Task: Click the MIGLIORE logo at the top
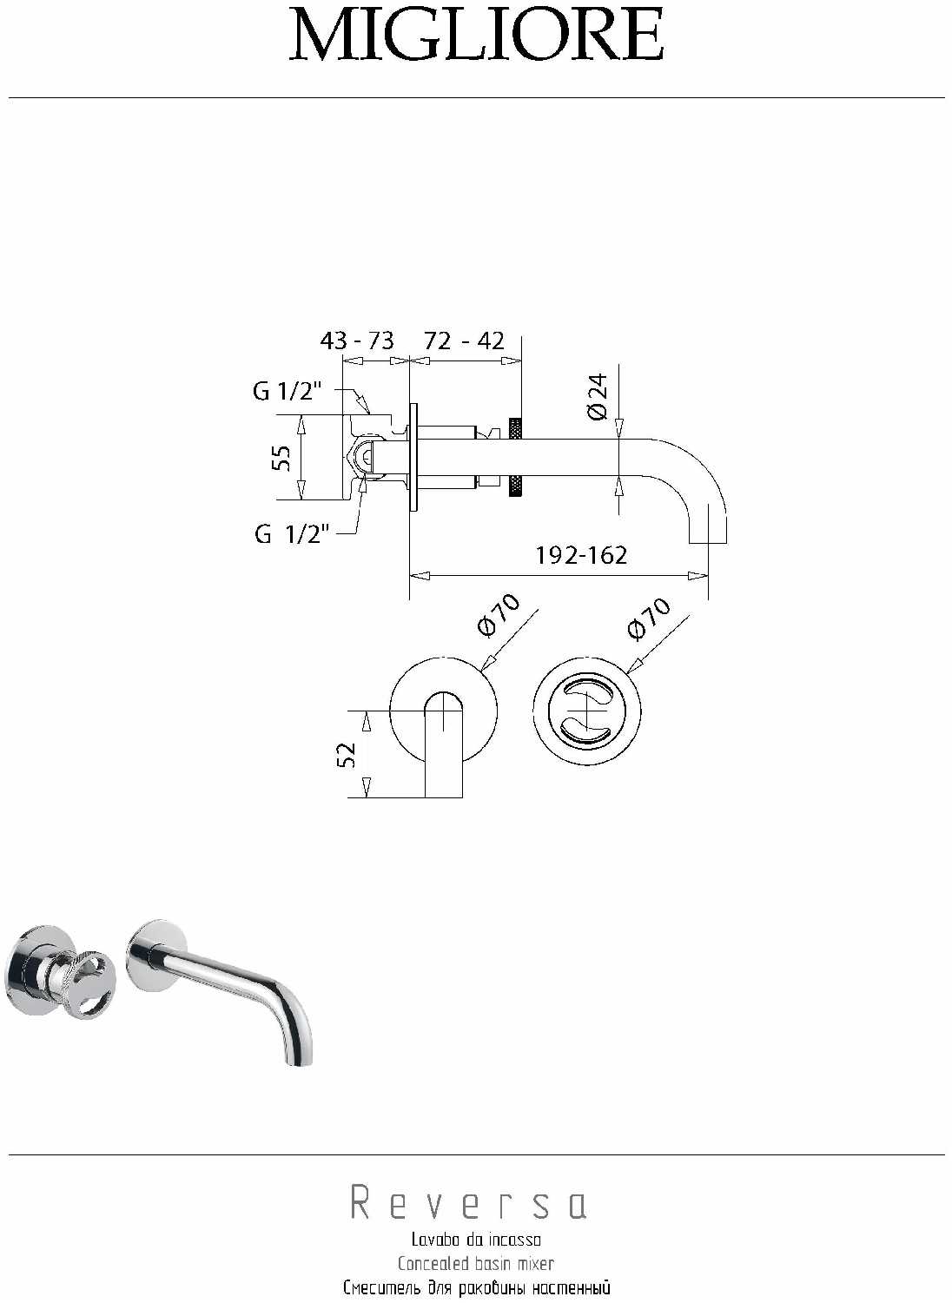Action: [x=476, y=36]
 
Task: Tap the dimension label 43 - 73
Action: [x=357, y=340]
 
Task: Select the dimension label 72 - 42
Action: [x=464, y=340]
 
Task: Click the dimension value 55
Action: [x=281, y=458]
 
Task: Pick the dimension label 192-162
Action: [x=581, y=554]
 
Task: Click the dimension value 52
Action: [x=345, y=754]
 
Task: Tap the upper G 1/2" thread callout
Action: [x=287, y=392]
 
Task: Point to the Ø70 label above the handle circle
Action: [x=649, y=618]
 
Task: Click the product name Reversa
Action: [x=468, y=1204]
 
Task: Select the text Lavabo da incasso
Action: [x=476, y=1240]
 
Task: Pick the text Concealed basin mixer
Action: [x=476, y=1263]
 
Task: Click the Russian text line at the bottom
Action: [x=476, y=1287]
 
